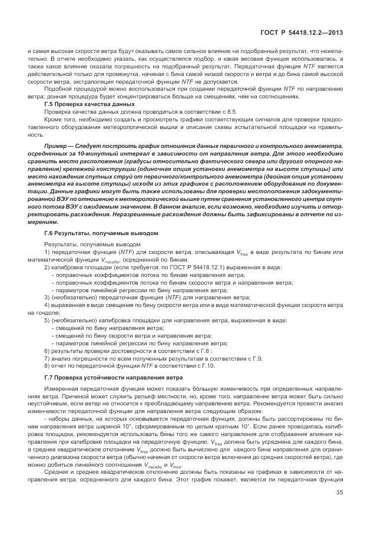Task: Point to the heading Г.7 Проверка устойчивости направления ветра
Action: tap(114, 377)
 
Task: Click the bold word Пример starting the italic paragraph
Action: tap(57, 144)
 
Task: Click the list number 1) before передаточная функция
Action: tap(47, 252)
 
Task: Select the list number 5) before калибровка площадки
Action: tap(47, 320)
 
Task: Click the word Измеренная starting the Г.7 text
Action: tap(58, 389)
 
